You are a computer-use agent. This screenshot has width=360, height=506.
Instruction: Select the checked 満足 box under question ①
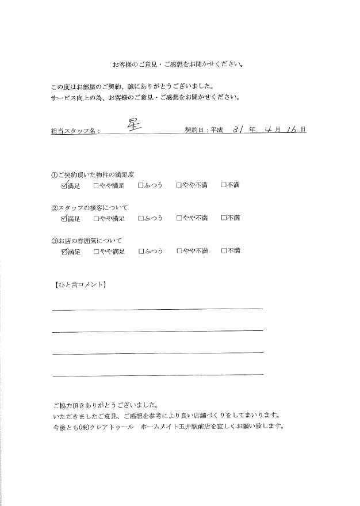63,186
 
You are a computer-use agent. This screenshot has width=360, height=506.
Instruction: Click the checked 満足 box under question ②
63,218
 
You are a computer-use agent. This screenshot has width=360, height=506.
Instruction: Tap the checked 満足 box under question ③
63,251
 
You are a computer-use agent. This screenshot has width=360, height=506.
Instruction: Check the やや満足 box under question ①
97,186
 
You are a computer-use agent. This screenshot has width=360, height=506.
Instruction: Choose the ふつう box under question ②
141,218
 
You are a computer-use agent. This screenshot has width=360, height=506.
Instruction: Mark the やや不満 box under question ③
179,251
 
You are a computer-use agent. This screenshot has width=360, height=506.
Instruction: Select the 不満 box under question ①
224,186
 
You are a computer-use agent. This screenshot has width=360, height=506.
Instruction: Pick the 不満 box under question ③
224,251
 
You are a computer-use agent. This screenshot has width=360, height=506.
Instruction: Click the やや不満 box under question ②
179,218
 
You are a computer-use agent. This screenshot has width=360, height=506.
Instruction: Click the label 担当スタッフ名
75,131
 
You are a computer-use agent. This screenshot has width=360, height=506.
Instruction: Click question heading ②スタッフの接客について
89,207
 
